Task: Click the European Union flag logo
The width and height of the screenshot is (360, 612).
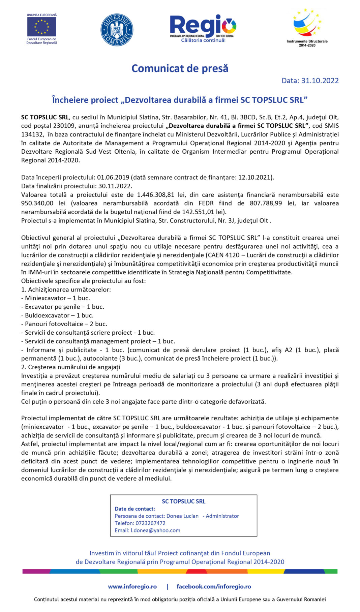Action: pos(41,27)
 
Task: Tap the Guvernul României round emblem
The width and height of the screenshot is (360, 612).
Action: pos(117,30)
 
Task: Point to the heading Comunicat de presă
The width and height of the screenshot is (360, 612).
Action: pos(180,68)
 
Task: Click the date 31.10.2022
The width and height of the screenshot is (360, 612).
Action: pos(320,81)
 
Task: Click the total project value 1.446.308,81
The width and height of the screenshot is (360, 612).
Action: pos(155,195)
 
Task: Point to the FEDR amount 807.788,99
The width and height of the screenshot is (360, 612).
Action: pos(266,203)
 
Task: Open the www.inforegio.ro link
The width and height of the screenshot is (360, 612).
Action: pos(132,586)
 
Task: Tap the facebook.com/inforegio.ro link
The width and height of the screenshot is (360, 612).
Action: pos(214,586)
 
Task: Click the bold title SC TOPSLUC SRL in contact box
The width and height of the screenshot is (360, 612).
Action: pos(183,501)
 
